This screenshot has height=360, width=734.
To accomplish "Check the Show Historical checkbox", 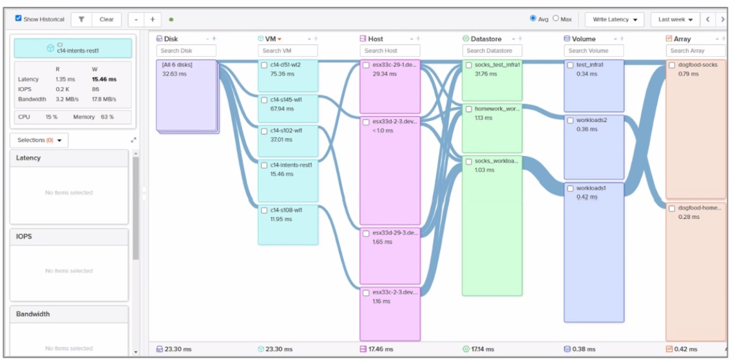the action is click(18, 18).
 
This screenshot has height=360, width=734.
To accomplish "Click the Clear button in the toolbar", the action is click(107, 19).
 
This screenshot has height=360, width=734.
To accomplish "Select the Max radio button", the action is click(555, 18).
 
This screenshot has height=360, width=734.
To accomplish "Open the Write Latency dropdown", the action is click(614, 19).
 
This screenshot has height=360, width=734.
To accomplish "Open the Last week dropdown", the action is click(675, 19).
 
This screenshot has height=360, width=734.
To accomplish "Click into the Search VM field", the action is click(288, 51).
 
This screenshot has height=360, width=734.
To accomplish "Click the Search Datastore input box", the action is click(492, 51).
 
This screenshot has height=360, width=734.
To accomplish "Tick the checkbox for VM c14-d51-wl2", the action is click(264, 65).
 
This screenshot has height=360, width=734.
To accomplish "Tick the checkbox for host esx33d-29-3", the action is click(366, 233).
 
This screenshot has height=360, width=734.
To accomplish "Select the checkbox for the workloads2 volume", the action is click(570, 120).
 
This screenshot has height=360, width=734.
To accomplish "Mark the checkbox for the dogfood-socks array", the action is click(672, 65).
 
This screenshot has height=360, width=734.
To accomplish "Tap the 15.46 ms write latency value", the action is click(104, 79).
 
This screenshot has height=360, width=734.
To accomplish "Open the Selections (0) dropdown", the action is click(40, 140).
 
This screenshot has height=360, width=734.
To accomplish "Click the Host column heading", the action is click(375, 39).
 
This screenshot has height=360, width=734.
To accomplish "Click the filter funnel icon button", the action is click(81, 19).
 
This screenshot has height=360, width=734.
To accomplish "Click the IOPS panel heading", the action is click(24, 236).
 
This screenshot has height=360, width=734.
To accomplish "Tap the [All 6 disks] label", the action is click(177, 65).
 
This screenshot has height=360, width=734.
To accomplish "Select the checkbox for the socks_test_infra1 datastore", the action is click(469, 65).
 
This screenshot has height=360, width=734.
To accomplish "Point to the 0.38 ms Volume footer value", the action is click(584, 349).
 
